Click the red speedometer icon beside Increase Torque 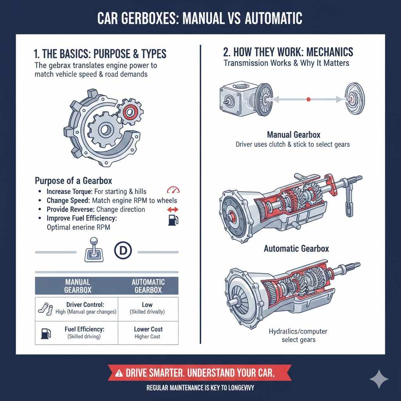pyautogui.click(x=173, y=190)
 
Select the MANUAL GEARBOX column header pyautogui.click(x=77, y=286)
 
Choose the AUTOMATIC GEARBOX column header pyautogui.click(x=148, y=286)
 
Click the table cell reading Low pyautogui.click(x=147, y=305)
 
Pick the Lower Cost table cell pyautogui.click(x=148, y=329)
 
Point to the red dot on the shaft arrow pyautogui.click(x=309, y=100)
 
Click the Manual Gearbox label pyautogui.click(x=293, y=135)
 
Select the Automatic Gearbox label pyautogui.click(x=296, y=248)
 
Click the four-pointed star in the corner pyautogui.click(x=379, y=379)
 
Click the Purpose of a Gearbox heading pyautogui.click(x=74, y=181)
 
